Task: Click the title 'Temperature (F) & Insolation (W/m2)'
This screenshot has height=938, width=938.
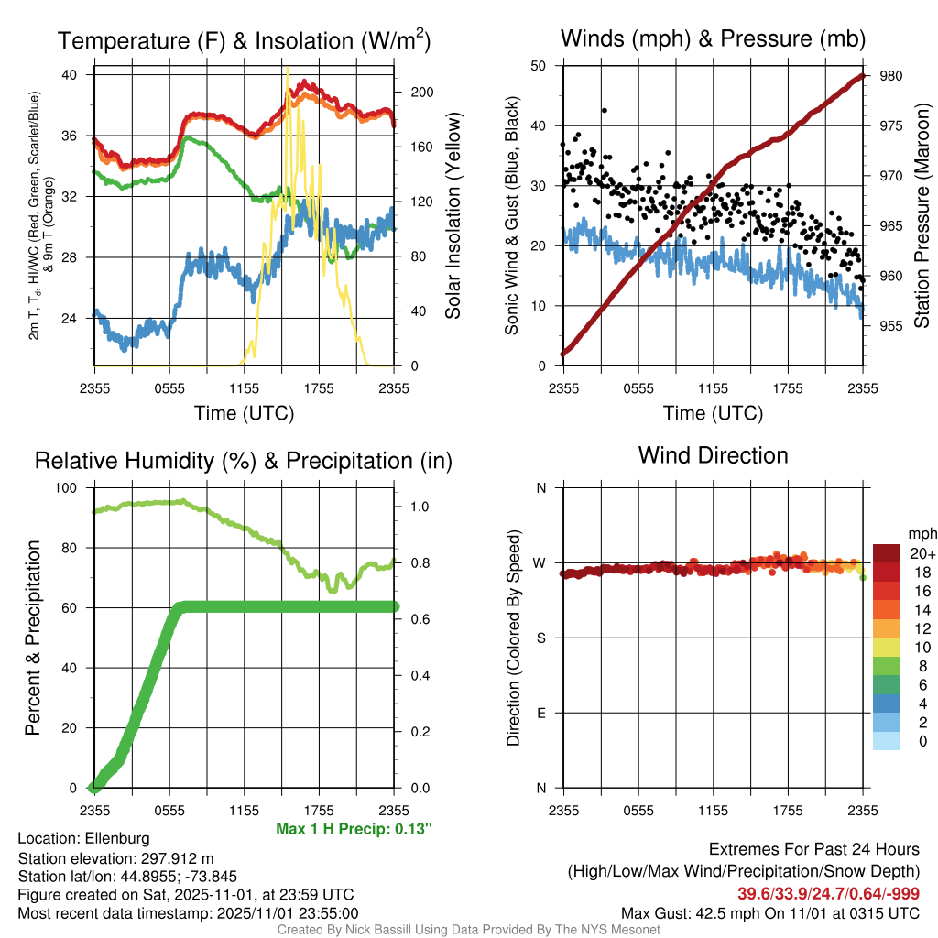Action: pos(245,40)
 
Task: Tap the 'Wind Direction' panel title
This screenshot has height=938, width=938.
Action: pos(713,455)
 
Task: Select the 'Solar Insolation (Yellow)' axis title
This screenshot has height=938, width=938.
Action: pos(453,216)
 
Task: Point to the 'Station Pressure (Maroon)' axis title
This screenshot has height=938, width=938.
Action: pos(922,216)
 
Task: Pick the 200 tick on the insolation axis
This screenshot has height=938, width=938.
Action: pos(422,93)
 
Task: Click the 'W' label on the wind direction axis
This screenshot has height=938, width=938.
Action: pos(540,563)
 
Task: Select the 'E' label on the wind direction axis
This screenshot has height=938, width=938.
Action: pos(540,713)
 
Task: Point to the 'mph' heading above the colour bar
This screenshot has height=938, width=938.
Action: pos(921,532)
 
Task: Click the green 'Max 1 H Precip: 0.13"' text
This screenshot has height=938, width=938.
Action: pos(354,828)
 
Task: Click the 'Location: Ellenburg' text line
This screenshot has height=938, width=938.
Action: pos(83,838)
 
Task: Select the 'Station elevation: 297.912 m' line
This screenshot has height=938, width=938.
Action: pos(115,857)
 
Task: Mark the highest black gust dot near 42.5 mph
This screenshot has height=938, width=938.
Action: pos(605,111)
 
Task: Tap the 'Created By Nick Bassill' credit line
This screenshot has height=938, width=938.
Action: pos(468,930)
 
